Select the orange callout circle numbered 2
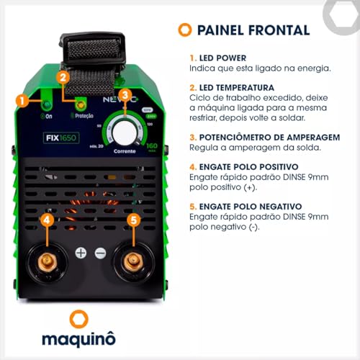coord(63,77)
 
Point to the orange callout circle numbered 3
coord(125,95)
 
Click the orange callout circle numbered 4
coord(47,220)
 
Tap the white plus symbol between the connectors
coord(81,253)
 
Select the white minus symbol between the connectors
coord(100,253)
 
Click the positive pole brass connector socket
coord(48,261)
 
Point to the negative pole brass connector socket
coord(132,261)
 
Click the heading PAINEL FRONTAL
coord(253,30)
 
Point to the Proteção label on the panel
coord(84,115)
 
